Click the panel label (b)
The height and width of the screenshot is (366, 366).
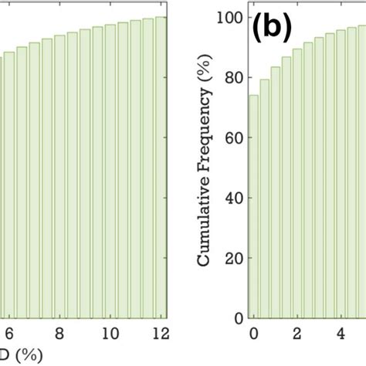tap(271, 29)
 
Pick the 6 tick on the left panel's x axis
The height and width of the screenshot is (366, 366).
tap(8, 334)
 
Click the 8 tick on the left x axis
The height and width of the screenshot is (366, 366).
tap(59, 334)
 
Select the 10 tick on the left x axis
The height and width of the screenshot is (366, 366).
tap(110, 334)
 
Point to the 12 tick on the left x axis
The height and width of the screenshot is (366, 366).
tap(160, 334)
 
